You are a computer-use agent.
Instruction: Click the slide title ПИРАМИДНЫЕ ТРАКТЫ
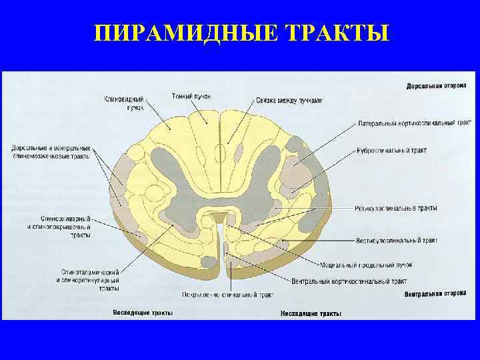click(x=240, y=33)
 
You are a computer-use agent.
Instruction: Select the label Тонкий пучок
click(x=191, y=97)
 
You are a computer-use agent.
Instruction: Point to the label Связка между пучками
click(x=289, y=101)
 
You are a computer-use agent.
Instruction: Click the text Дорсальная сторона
click(x=436, y=86)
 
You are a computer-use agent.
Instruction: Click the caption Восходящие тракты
click(x=143, y=312)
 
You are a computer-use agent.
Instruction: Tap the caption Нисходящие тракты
click(x=311, y=313)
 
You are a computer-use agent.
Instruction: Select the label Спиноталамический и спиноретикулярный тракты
click(x=90, y=280)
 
